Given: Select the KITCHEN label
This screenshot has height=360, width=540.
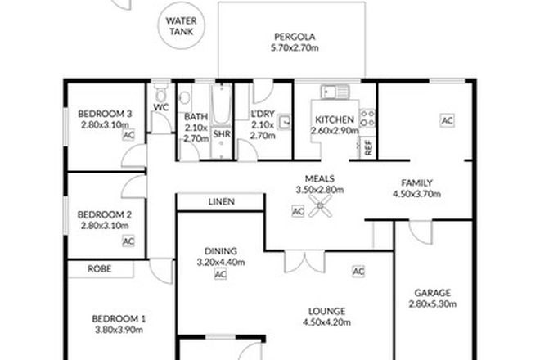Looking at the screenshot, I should pyautogui.click(x=334, y=119).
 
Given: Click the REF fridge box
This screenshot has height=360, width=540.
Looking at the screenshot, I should pyautogui.click(x=368, y=148).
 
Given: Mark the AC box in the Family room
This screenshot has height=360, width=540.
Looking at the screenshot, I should pyautogui.click(x=447, y=120).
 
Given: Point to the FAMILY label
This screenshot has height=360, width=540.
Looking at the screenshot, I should pyautogui.click(x=416, y=183).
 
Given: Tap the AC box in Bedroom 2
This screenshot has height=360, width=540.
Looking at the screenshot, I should pyautogui.click(x=128, y=241).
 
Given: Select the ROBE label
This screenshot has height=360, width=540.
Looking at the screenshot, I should pyautogui.click(x=101, y=268).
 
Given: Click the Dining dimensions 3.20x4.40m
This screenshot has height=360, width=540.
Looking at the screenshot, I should pyautogui.click(x=219, y=263).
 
